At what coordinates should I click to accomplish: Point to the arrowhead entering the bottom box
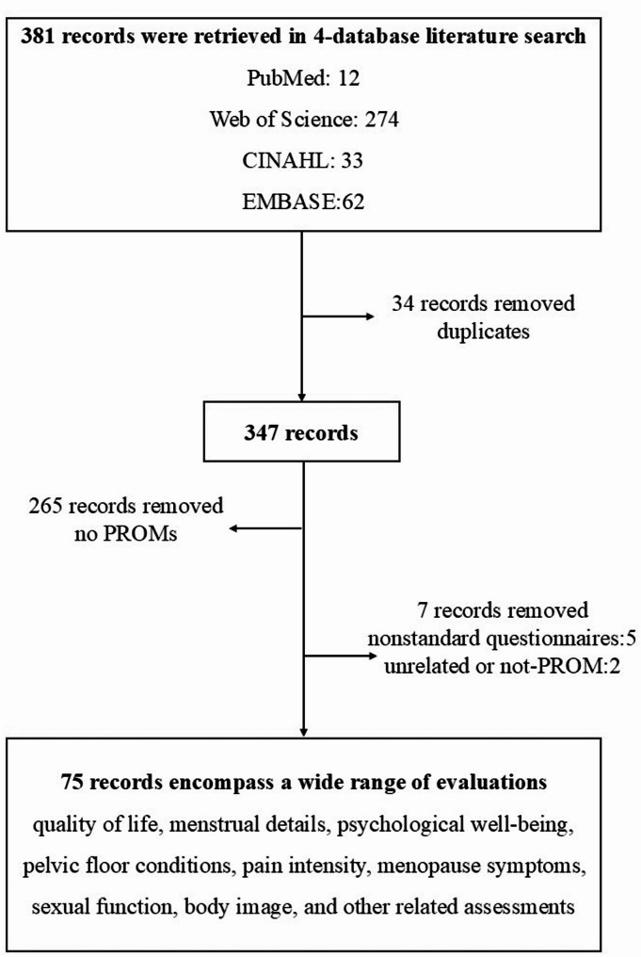click(x=301, y=731)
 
